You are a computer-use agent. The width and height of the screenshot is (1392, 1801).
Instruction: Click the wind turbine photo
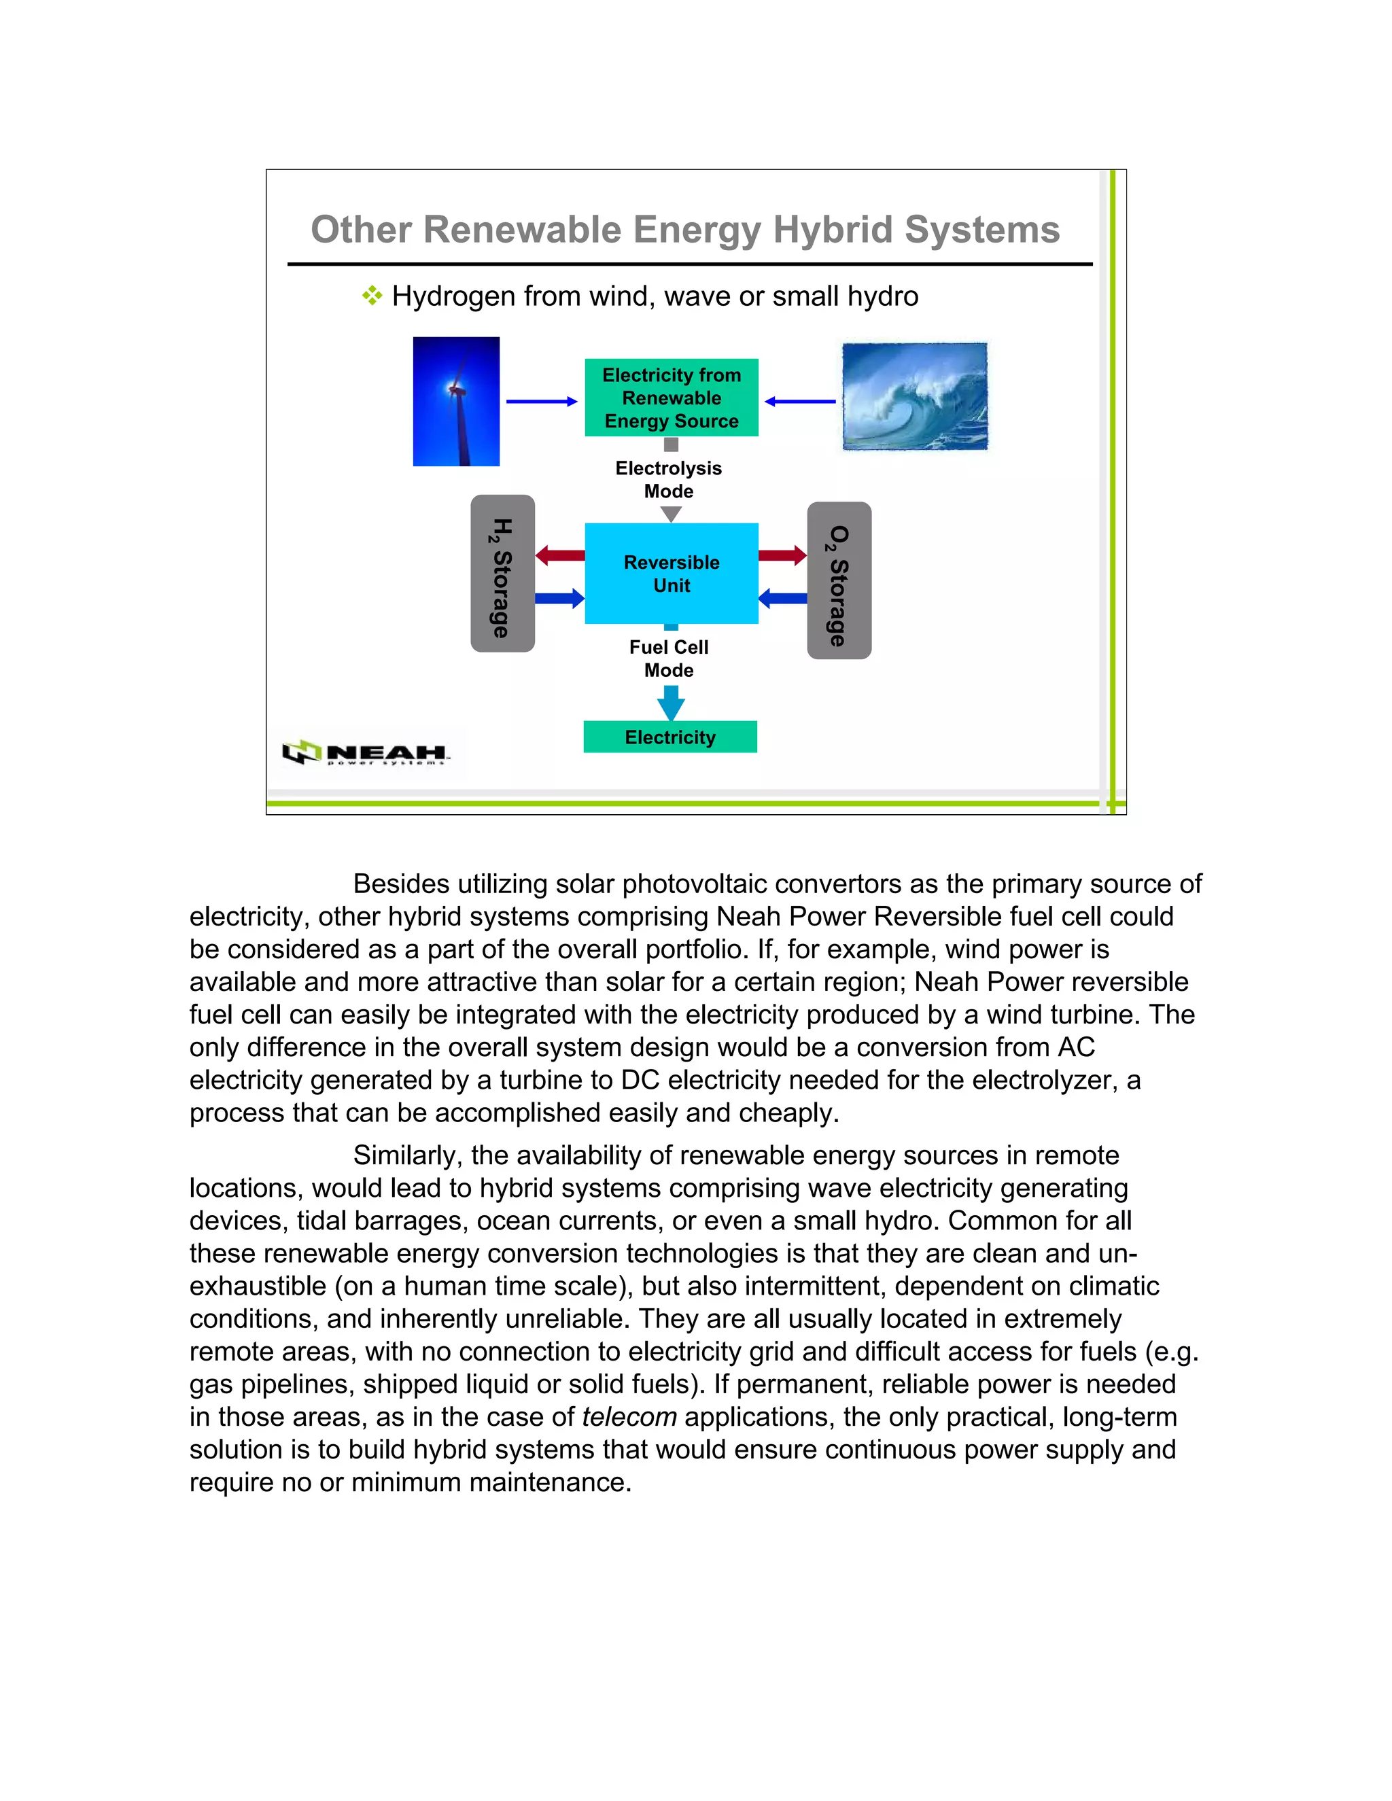point(456,401)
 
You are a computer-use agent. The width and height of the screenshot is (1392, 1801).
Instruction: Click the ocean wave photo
point(915,397)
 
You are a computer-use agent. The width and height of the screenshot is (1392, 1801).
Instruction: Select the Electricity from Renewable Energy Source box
point(672,398)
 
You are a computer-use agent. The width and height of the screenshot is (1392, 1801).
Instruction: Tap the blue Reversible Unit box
point(672,573)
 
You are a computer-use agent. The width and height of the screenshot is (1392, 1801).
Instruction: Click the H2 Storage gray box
point(502,574)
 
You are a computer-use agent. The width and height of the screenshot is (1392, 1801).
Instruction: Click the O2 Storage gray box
point(839,580)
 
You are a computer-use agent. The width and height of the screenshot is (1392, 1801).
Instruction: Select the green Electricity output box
point(670,737)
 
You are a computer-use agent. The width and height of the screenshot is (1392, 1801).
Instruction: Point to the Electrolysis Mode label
point(669,479)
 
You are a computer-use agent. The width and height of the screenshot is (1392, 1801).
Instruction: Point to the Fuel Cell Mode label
point(669,658)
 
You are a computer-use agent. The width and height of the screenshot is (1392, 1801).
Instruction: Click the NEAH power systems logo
point(368,753)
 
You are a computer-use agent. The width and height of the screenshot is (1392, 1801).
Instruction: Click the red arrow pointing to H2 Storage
point(560,555)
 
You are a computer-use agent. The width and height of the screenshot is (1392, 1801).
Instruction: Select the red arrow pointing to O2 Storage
point(782,555)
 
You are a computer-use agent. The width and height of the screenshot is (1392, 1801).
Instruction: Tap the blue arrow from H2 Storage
point(560,598)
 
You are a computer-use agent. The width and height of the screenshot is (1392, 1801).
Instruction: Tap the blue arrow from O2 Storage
point(782,598)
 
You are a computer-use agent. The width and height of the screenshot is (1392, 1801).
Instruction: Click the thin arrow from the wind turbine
point(542,402)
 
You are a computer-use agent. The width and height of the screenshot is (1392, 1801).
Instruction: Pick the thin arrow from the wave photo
point(800,402)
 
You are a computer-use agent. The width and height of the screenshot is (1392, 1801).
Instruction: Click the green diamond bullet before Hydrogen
point(372,295)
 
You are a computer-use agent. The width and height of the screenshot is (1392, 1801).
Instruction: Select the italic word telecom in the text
point(629,1417)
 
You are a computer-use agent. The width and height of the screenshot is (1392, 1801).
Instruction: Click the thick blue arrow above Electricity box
point(670,703)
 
